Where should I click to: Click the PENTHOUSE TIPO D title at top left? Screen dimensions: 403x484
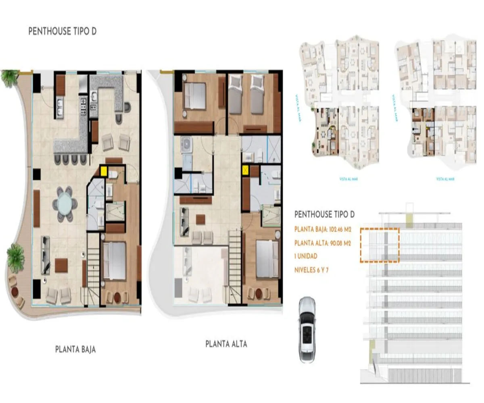pyautogui.click(x=63, y=32)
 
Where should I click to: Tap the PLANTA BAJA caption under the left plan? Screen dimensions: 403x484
pyautogui.click(x=75, y=349)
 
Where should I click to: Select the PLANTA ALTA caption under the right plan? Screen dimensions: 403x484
pyautogui.click(x=226, y=344)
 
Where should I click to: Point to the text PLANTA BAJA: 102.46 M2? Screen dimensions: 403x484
pyautogui.click(x=323, y=230)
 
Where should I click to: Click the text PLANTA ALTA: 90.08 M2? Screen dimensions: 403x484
pyautogui.click(x=323, y=243)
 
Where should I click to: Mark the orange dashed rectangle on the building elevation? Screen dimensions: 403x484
pyautogui.click(x=380, y=245)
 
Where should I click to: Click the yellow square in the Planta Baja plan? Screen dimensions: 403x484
pyautogui.click(x=104, y=172)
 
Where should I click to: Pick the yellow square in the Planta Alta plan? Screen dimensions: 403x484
pyautogui.click(x=245, y=170)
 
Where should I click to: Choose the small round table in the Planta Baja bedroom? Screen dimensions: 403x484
pyautogui.click(x=117, y=297)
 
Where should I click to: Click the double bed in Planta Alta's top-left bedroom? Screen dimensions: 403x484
pyautogui.click(x=195, y=96)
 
